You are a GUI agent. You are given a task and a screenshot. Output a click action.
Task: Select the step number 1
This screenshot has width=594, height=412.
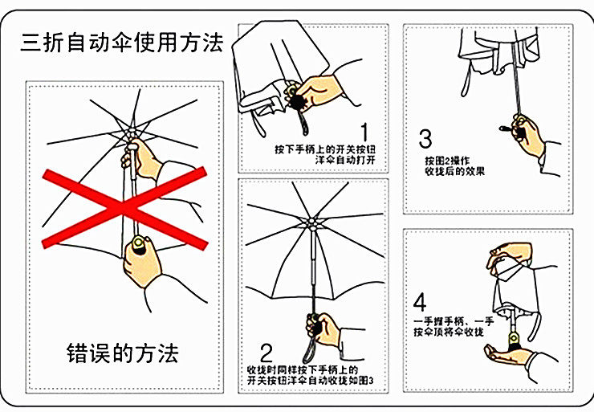366,131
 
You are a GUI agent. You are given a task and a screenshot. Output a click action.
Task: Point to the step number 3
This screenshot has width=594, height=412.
425,138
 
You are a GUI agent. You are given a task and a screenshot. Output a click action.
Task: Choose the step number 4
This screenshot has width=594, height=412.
420,303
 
